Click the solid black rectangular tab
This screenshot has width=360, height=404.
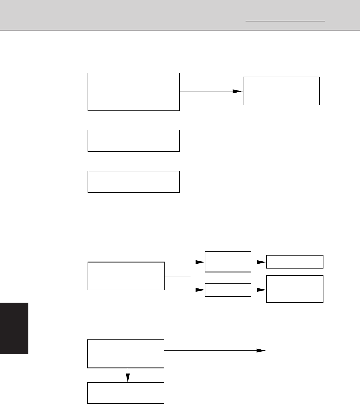tap(14, 328)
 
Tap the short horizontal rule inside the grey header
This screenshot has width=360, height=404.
tap(285, 21)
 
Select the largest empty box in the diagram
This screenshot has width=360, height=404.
tap(133, 92)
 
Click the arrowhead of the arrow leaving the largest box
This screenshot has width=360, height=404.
tap(238, 91)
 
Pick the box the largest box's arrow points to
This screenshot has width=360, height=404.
tap(281, 91)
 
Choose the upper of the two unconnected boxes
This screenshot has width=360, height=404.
tap(133, 141)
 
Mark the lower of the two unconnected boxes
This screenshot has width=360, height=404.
tap(133, 182)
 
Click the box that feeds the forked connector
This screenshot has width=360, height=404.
tap(126, 276)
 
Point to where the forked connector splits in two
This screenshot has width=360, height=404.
tap(191, 276)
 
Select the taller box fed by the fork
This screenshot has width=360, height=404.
tap(228, 262)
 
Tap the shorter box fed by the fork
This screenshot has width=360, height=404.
tap(228, 290)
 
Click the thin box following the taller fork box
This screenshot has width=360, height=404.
tap(294, 262)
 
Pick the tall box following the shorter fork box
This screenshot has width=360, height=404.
tap(294, 289)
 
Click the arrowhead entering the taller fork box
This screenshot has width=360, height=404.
tap(200, 262)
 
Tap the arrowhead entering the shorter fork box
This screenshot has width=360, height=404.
tap(200, 290)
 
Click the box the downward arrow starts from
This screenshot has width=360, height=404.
tap(126, 354)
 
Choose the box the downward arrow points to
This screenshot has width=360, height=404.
tap(126, 393)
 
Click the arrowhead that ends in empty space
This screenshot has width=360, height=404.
tap(261, 351)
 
